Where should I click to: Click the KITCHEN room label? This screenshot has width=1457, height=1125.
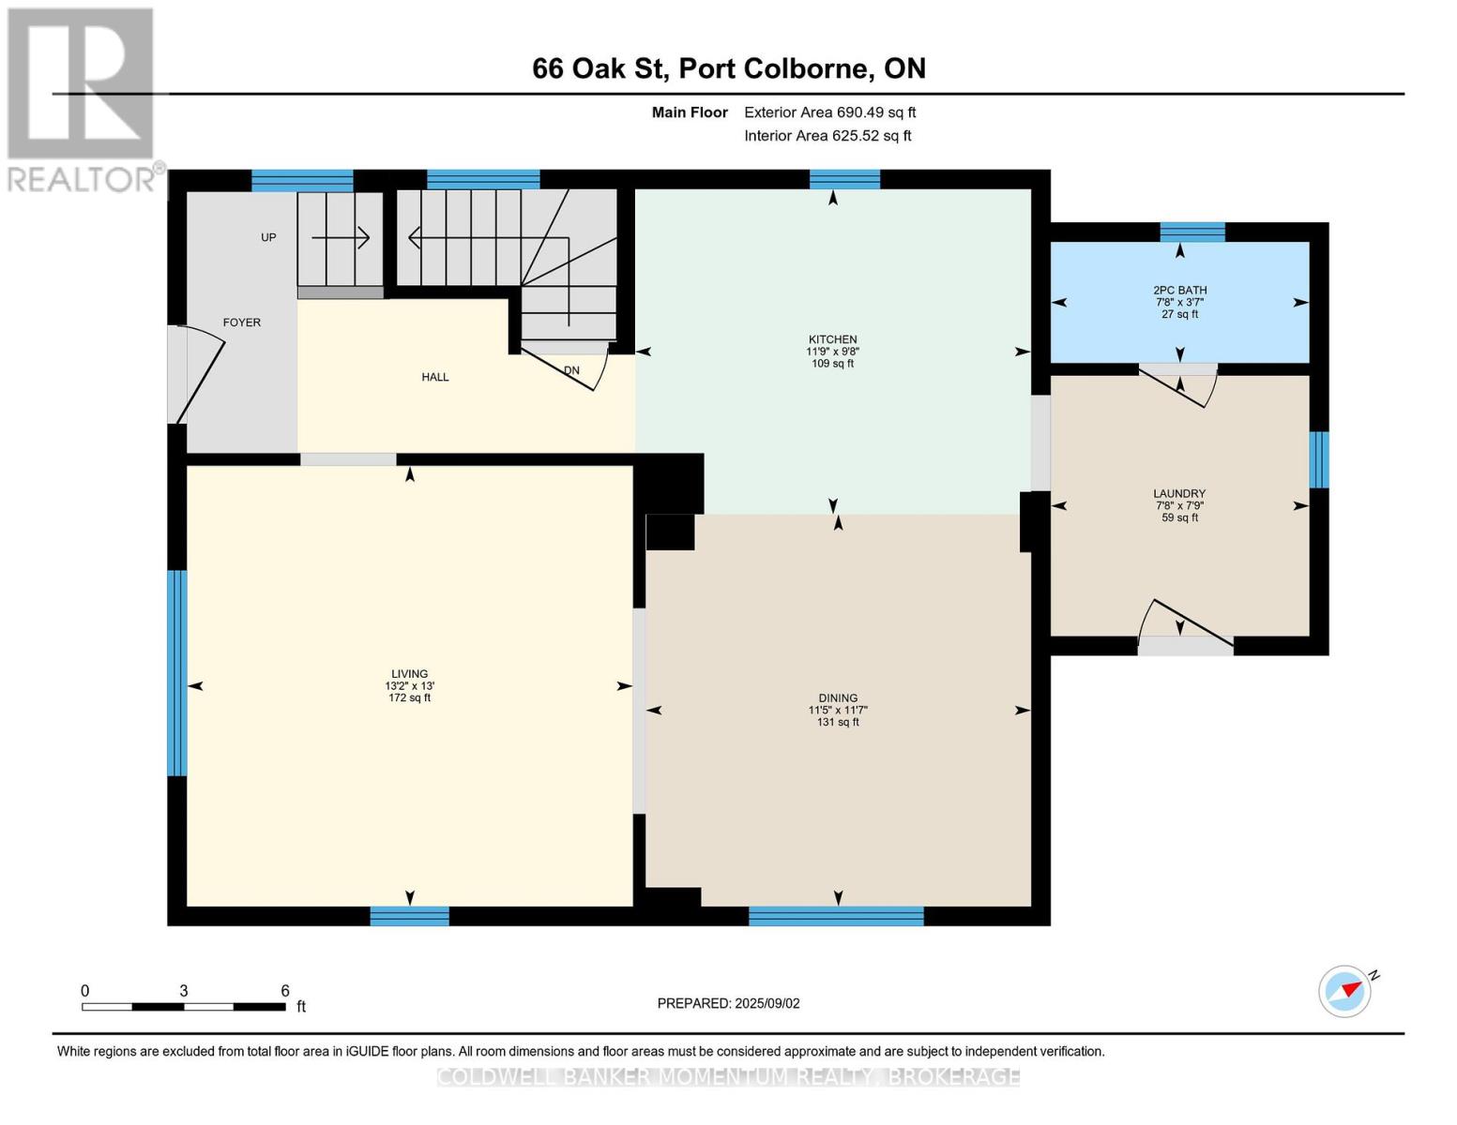pyautogui.click(x=832, y=339)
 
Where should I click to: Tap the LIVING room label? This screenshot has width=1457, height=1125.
pyautogui.click(x=410, y=673)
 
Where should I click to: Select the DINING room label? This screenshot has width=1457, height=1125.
pyautogui.click(x=838, y=697)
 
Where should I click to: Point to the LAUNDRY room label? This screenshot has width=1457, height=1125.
pyautogui.click(x=1179, y=493)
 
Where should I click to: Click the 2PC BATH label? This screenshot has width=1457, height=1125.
pyautogui.click(x=1179, y=290)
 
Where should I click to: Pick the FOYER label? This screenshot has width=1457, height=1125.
pyautogui.click(x=242, y=322)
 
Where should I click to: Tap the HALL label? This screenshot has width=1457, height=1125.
pyautogui.click(x=435, y=377)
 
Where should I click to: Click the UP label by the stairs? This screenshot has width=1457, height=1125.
pyautogui.click(x=268, y=237)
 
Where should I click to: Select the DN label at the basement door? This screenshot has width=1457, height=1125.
pyautogui.click(x=571, y=370)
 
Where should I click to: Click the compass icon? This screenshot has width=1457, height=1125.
pyautogui.click(x=1345, y=991)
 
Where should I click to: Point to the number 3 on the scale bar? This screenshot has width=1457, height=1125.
pyautogui.click(x=183, y=990)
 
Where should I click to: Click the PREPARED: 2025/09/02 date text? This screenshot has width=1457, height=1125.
pyautogui.click(x=728, y=1003)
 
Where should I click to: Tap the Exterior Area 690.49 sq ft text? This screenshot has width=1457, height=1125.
pyautogui.click(x=830, y=112)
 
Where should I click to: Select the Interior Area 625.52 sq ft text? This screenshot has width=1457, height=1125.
pyautogui.click(x=827, y=136)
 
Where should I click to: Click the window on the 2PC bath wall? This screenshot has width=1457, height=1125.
pyautogui.click(x=1192, y=232)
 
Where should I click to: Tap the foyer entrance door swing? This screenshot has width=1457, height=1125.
pyautogui.click(x=199, y=374)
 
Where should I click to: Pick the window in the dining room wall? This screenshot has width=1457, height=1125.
pyautogui.click(x=836, y=916)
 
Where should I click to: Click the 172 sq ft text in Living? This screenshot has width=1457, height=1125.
pyautogui.click(x=410, y=697)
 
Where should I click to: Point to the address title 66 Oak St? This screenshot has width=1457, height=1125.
pyautogui.click(x=600, y=68)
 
